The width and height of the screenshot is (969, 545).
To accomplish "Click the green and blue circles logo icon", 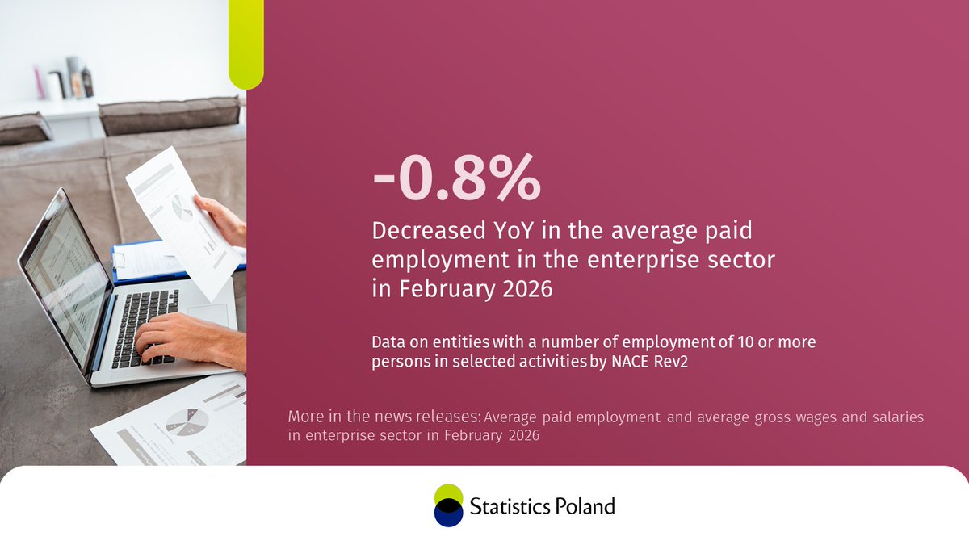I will (448, 505).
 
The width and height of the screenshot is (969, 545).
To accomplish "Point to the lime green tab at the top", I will (246, 44).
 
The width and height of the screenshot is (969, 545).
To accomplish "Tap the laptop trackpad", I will (208, 314).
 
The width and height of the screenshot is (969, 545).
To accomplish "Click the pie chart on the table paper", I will (187, 419).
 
